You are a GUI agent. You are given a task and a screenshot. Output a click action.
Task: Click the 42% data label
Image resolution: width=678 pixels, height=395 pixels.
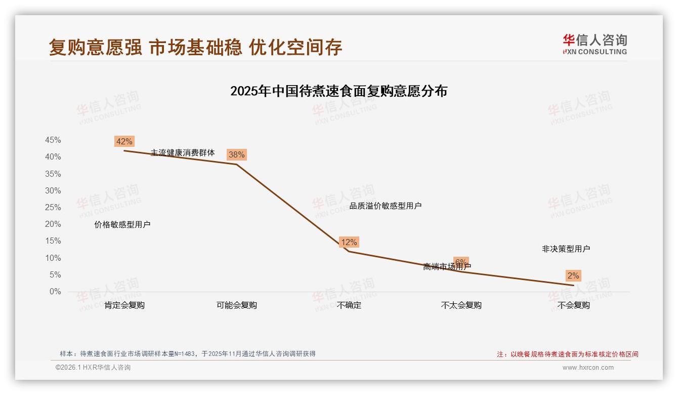(x=124, y=141)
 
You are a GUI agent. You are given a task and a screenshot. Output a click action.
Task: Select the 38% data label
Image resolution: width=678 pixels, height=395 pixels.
(x=236, y=154)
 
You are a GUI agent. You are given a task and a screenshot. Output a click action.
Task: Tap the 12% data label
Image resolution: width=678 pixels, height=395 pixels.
(x=349, y=242)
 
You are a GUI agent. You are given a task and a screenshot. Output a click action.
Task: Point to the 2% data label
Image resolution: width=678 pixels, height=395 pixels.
(x=573, y=276)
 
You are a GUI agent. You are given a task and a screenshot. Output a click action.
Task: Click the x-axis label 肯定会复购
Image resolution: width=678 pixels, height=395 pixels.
(x=124, y=305)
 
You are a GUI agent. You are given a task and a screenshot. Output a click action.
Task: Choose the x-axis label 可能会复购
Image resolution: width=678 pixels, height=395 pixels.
(x=237, y=305)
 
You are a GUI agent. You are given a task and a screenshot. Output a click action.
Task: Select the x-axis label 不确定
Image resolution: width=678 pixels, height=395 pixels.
(x=349, y=305)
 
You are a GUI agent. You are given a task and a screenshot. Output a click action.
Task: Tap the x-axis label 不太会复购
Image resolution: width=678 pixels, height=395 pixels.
(x=461, y=305)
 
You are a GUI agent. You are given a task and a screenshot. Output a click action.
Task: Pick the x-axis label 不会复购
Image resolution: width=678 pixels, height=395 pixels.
(x=573, y=305)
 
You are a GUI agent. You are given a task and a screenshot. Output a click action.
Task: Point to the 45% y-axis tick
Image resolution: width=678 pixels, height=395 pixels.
(x=53, y=140)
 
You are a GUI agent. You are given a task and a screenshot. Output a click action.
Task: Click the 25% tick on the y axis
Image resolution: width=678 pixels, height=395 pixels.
(x=53, y=208)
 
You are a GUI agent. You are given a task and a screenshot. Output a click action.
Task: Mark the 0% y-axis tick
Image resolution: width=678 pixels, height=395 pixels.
(x=55, y=292)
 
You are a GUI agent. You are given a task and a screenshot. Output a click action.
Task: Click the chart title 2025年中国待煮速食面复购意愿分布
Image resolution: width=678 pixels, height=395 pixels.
(x=338, y=91)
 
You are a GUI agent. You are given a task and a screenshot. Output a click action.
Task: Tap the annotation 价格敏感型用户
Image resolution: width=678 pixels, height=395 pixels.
(x=122, y=225)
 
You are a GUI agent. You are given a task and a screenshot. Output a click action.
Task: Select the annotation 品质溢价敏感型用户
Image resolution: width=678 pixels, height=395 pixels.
(x=386, y=206)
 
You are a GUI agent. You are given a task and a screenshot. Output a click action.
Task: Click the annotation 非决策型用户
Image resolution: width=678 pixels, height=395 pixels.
(x=566, y=249)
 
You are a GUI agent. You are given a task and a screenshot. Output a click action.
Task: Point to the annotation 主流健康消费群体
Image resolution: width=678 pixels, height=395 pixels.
(x=183, y=152)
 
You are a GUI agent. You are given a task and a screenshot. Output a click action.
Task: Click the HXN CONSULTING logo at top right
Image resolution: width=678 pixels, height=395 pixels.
(x=595, y=45)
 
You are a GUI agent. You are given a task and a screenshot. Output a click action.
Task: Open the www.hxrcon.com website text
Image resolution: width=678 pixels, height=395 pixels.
(x=588, y=368)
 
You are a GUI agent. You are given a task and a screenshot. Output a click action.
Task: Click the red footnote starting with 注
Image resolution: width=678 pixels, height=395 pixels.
(x=567, y=354)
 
